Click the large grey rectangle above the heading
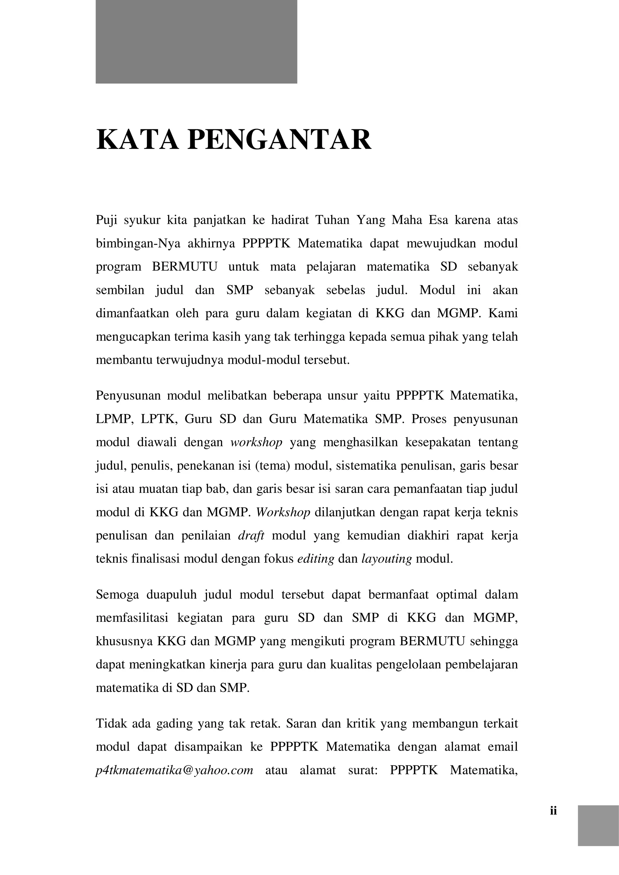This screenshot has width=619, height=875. click(x=196, y=42)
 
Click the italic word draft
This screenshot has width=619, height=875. click(x=251, y=536)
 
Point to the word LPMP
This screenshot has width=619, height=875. click(x=114, y=419)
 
